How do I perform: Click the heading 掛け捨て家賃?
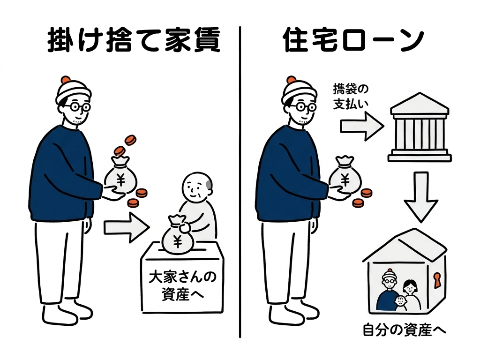click(134, 40)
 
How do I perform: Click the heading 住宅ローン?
click(353, 40)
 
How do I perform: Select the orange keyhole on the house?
click(437, 280)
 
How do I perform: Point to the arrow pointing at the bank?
click(362, 126)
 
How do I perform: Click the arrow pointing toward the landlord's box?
click(127, 228)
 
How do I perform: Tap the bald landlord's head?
click(197, 187)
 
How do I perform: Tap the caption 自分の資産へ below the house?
click(405, 330)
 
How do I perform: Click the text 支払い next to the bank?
click(351, 105)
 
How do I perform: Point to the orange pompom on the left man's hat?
click(66, 80)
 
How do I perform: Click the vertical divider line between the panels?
click(240, 182)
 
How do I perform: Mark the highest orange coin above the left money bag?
click(130, 140)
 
